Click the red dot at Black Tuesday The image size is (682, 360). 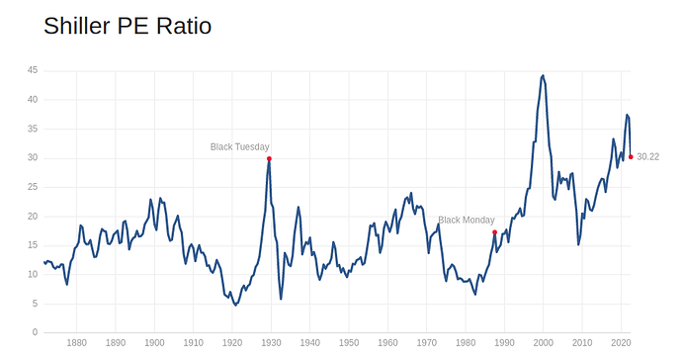tap(269, 158)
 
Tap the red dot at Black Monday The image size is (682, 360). tap(494, 232)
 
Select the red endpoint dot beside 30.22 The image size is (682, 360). tap(631, 156)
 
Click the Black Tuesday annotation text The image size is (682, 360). tap(239, 146)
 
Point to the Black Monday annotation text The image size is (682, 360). tap(467, 220)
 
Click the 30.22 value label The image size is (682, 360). tap(648, 156)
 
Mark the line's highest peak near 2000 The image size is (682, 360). tap(543, 75)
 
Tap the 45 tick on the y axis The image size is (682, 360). tap(32, 70)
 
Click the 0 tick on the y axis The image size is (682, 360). tap(35, 332)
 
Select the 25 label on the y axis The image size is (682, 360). tap(32, 187)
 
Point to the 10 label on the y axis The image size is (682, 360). tap(32, 274)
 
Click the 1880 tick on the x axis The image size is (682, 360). tap(76, 343)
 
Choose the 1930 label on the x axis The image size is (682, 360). tap(271, 343)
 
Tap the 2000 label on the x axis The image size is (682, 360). tap(543, 343)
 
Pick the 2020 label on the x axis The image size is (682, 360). tap(621, 343)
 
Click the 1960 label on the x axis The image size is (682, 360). tap(387, 343)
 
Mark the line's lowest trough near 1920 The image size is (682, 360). tap(235, 305)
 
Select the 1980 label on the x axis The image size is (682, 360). tap(466, 343)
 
